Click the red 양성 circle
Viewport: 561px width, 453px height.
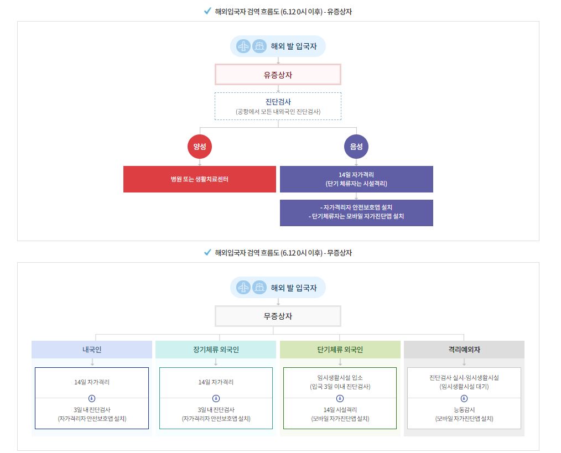click(200, 147)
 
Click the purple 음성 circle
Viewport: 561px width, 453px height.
click(356, 147)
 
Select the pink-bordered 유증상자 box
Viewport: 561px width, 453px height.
click(278, 74)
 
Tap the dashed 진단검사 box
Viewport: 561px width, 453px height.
click(278, 106)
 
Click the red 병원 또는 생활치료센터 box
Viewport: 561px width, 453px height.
click(200, 179)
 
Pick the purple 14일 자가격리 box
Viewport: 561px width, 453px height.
click(356, 179)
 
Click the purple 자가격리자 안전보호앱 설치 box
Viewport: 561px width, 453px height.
click(356, 212)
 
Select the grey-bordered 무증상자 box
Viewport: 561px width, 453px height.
click(278, 316)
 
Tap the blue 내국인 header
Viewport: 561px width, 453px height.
click(92, 350)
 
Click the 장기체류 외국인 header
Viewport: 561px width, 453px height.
click(216, 350)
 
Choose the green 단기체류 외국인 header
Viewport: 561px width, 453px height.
click(340, 350)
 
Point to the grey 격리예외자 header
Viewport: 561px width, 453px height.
click(464, 350)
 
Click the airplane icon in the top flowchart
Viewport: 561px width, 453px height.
click(243, 46)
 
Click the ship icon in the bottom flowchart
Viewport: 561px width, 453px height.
click(259, 288)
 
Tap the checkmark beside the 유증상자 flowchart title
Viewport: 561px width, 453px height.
click(207, 11)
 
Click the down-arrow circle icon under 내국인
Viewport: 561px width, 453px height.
click(92, 398)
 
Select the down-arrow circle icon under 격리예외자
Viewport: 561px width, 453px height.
click(464, 398)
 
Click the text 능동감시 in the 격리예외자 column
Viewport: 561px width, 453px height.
click(464, 410)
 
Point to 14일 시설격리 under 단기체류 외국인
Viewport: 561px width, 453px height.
click(340, 410)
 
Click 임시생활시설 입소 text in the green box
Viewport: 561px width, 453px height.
click(340, 378)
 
